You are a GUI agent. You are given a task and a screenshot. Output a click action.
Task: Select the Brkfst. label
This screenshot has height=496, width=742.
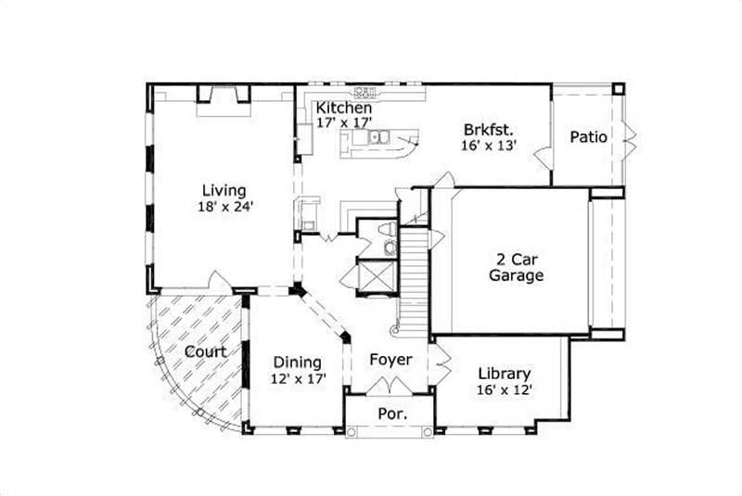pos(489,129)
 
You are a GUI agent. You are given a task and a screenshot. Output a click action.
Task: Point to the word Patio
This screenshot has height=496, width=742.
pos(588,137)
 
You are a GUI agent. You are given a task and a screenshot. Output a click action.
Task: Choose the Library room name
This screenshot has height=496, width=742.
pos(505,374)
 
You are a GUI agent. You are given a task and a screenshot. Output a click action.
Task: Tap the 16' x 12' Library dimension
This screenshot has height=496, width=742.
pos(505,390)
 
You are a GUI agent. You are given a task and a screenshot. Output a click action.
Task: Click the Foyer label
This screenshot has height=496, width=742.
pos(390,359)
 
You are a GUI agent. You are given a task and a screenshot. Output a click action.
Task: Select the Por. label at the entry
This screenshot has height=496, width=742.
pos(390,413)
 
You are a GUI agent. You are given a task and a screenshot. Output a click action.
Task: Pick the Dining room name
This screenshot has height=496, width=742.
pos(297,362)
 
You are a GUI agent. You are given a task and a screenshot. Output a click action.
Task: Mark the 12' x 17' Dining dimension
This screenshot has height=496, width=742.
pos(297,379)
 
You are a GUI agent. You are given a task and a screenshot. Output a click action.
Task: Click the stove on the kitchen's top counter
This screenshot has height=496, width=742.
pos(365,92)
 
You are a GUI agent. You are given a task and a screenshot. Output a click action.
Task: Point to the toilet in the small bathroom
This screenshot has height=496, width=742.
pos(390,231)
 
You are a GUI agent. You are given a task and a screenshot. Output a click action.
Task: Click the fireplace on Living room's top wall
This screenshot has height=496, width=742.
pos(223,95)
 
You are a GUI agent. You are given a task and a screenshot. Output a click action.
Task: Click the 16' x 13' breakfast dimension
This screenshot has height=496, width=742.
pos(489,146)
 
